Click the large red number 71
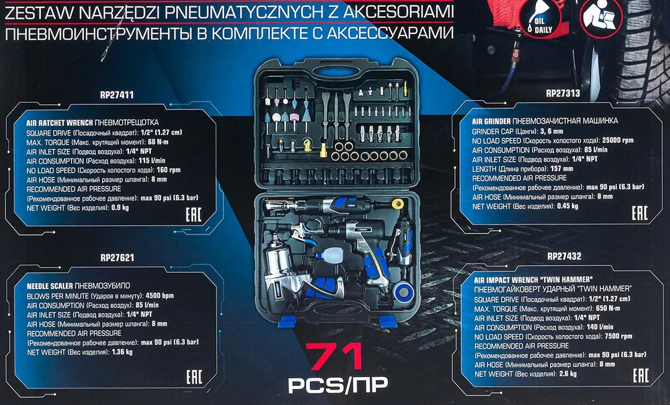tap(337, 358)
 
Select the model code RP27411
tap(117, 96)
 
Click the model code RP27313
tap(563, 94)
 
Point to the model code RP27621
tap(117, 257)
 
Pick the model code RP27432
tap(564, 257)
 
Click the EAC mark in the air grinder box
tap(640, 214)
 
